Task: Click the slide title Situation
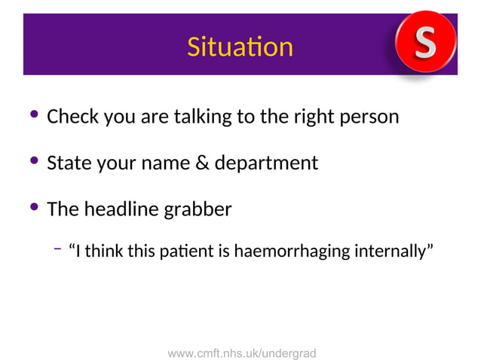(x=240, y=47)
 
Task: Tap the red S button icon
(x=426, y=42)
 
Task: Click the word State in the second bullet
(x=69, y=163)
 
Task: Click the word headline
(x=124, y=209)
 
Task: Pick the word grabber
(x=198, y=209)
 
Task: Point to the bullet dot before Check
(x=33, y=116)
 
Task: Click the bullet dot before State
(x=33, y=161)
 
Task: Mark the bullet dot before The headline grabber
(x=33, y=206)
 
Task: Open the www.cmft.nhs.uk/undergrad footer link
(x=241, y=352)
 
